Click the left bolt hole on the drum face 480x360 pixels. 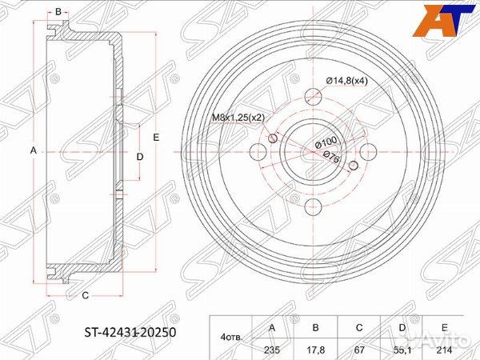point(258,150)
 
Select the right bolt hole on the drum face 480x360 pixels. point(368,150)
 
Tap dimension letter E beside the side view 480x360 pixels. point(156,138)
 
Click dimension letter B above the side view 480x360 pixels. point(58,11)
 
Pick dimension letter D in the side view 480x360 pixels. point(139,157)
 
